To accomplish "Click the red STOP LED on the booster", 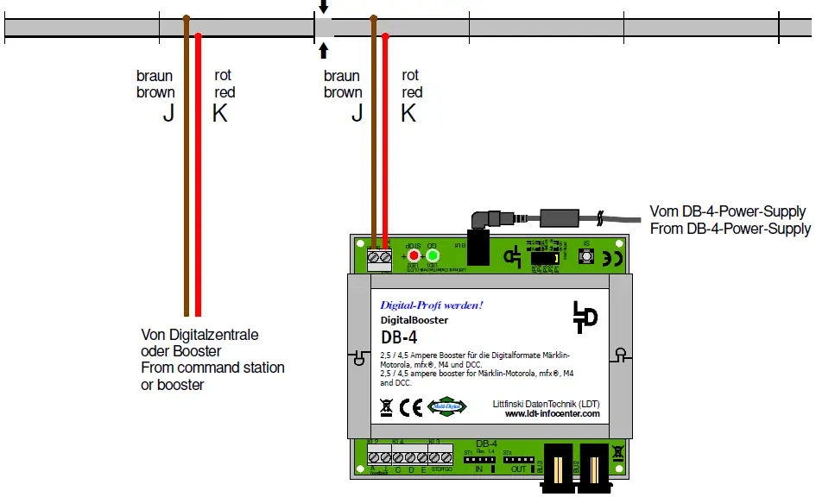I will click(414, 255).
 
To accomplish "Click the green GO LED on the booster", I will click(433, 255).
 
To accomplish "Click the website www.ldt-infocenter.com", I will click(552, 414).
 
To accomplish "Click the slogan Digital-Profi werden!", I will click(431, 305).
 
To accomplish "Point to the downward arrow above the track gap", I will click(324, 8).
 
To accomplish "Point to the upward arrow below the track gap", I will click(324, 49).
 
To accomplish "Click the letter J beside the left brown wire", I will click(168, 113).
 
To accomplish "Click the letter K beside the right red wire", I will click(408, 113).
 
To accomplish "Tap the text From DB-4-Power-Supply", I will click(730, 229).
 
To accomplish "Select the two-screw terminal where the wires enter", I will click(379, 257).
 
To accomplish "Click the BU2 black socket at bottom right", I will click(595, 467).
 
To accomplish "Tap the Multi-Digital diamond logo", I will click(446, 406).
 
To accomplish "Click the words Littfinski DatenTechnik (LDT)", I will click(545, 403).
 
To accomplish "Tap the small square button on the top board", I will click(586, 257).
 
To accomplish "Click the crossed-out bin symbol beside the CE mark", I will click(386, 406).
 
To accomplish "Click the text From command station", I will click(212, 368).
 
